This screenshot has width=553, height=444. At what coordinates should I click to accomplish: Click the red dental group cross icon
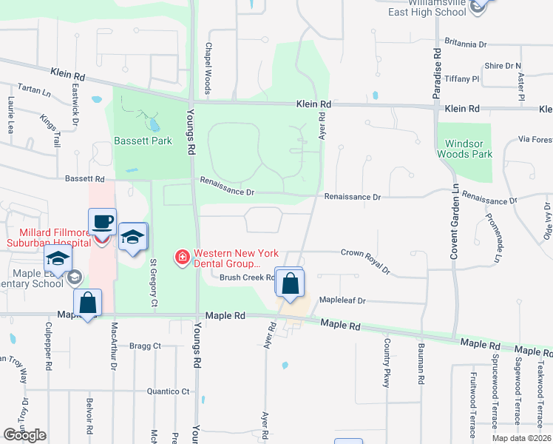click(180, 257)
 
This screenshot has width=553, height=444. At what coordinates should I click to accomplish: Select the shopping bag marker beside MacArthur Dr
click(88, 303)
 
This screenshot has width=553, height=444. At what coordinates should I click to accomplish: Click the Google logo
click(24, 435)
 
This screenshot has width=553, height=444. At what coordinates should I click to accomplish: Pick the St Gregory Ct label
click(154, 271)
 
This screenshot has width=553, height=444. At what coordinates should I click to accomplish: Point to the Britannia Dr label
click(466, 44)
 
